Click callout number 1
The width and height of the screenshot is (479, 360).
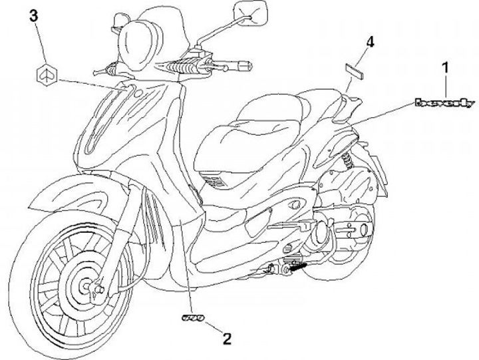pyautogui.click(x=446, y=66)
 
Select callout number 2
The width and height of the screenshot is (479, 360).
pyautogui.click(x=227, y=339)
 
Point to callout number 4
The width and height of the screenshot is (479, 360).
pyautogui.click(x=370, y=42)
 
